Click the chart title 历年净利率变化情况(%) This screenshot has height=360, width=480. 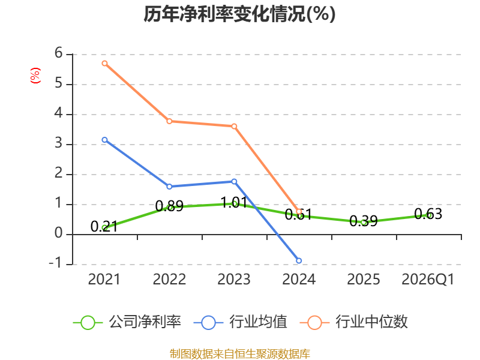[239, 14]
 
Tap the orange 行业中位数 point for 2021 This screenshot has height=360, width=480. [104, 64]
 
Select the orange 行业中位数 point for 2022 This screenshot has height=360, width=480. [169, 121]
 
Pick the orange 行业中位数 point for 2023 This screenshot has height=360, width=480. [234, 126]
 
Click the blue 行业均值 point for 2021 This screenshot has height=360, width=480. [104, 140]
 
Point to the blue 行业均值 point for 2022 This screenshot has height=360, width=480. [169, 187]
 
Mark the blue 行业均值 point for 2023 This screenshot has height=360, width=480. [234, 182]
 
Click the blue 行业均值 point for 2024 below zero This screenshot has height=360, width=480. [299, 261]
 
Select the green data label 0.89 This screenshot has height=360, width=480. [169, 206]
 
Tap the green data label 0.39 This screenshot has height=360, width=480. [364, 221]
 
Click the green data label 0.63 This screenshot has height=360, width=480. [428, 214]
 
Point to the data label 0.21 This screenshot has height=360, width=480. [104, 227]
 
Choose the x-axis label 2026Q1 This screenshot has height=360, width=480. [428, 279]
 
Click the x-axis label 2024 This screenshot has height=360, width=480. [299, 279]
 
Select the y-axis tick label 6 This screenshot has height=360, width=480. [58, 53]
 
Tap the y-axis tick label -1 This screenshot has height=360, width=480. [55, 263]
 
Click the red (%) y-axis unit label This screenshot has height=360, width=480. [35, 76]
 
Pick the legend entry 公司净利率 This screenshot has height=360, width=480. [127, 322]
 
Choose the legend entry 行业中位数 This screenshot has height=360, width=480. [354, 322]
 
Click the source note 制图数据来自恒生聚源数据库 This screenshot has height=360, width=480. [240, 354]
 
